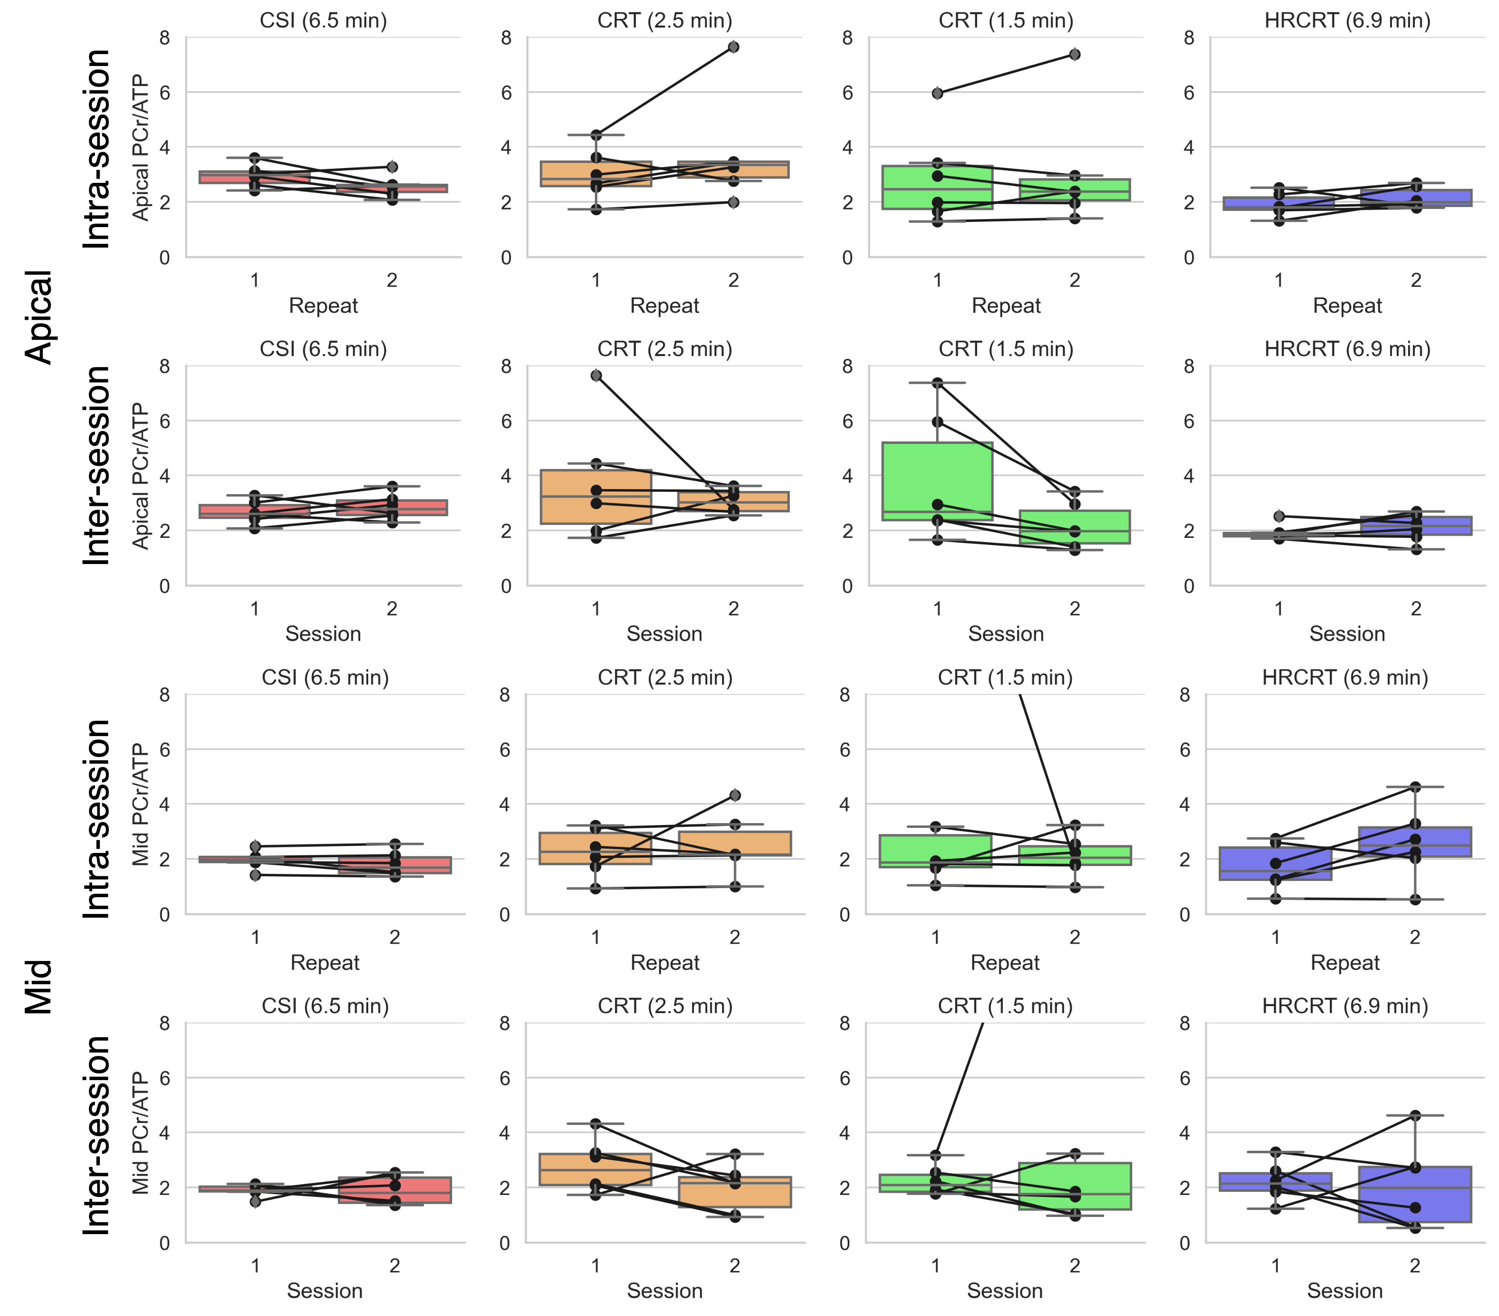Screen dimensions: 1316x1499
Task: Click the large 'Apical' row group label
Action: point(39,317)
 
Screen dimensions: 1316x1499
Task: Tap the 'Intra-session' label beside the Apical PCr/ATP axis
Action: point(97,149)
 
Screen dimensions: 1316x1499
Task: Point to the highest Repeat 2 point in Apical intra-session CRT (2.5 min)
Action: point(733,47)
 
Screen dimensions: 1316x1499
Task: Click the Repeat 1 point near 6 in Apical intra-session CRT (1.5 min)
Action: point(937,93)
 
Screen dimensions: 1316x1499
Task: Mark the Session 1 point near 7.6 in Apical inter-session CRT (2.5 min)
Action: point(596,376)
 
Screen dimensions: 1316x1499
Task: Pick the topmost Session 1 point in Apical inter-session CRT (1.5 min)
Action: point(937,383)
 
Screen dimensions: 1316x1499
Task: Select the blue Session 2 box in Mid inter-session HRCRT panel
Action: point(1415,1195)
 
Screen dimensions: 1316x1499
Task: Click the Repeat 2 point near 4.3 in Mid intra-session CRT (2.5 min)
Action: point(735,795)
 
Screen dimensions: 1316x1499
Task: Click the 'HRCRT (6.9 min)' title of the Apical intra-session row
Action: point(1347,20)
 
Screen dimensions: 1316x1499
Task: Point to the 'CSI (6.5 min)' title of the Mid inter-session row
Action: point(325,1006)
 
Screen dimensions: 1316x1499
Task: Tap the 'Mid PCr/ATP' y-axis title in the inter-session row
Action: point(140,1134)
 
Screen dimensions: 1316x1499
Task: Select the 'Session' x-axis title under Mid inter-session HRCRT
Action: point(1344,1290)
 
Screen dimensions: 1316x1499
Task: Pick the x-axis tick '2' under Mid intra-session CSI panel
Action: point(395,937)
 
